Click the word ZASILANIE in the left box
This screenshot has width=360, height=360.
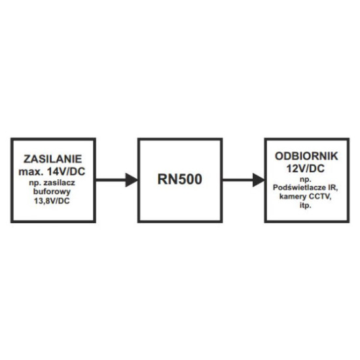click(52, 159)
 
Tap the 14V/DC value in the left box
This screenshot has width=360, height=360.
click(66, 171)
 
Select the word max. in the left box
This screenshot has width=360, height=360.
click(31, 171)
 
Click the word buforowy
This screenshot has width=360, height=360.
click(52, 192)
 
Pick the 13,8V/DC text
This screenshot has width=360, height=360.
click(52, 201)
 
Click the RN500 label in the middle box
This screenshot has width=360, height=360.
click(180, 179)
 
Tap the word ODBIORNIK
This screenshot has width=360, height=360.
click(306, 156)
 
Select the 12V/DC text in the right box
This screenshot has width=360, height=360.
click(306, 168)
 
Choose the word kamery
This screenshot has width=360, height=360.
click(293, 197)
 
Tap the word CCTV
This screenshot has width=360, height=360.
click(320, 196)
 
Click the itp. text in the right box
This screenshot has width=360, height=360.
click(306, 206)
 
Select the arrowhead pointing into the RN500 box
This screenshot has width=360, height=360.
click(132, 180)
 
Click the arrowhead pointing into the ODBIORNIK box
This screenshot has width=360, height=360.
click(259, 180)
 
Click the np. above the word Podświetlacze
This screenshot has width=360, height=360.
click(306, 179)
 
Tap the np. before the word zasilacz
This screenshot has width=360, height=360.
click(34, 183)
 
